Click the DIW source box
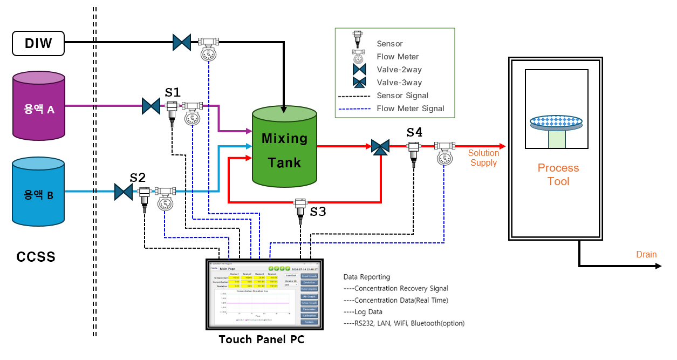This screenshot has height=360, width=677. pyautogui.click(x=38, y=43)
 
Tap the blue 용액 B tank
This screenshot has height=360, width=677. pyautogui.click(x=38, y=192)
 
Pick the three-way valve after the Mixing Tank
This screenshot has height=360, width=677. pyautogui.click(x=381, y=147)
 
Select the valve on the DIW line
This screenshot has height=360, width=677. pyautogui.click(x=182, y=42)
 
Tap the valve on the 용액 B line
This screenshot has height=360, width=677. pyautogui.click(x=124, y=192)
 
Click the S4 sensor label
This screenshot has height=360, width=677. pyautogui.click(x=414, y=132)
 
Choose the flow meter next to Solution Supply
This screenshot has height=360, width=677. pyautogui.click(x=445, y=152)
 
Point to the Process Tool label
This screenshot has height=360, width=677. pyautogui.click(x=558, y=174)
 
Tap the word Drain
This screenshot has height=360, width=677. pyautogui.click(x=646, y=254)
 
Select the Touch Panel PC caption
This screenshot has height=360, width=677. pyautogui.click(x=262, y=340)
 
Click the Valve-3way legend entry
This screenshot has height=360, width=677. pyautogui.click(x=399, y=83)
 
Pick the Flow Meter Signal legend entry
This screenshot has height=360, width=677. pyautogui.click(x=411, y=108)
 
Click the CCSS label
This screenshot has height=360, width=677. pyautogui.click(x=36, y=257)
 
